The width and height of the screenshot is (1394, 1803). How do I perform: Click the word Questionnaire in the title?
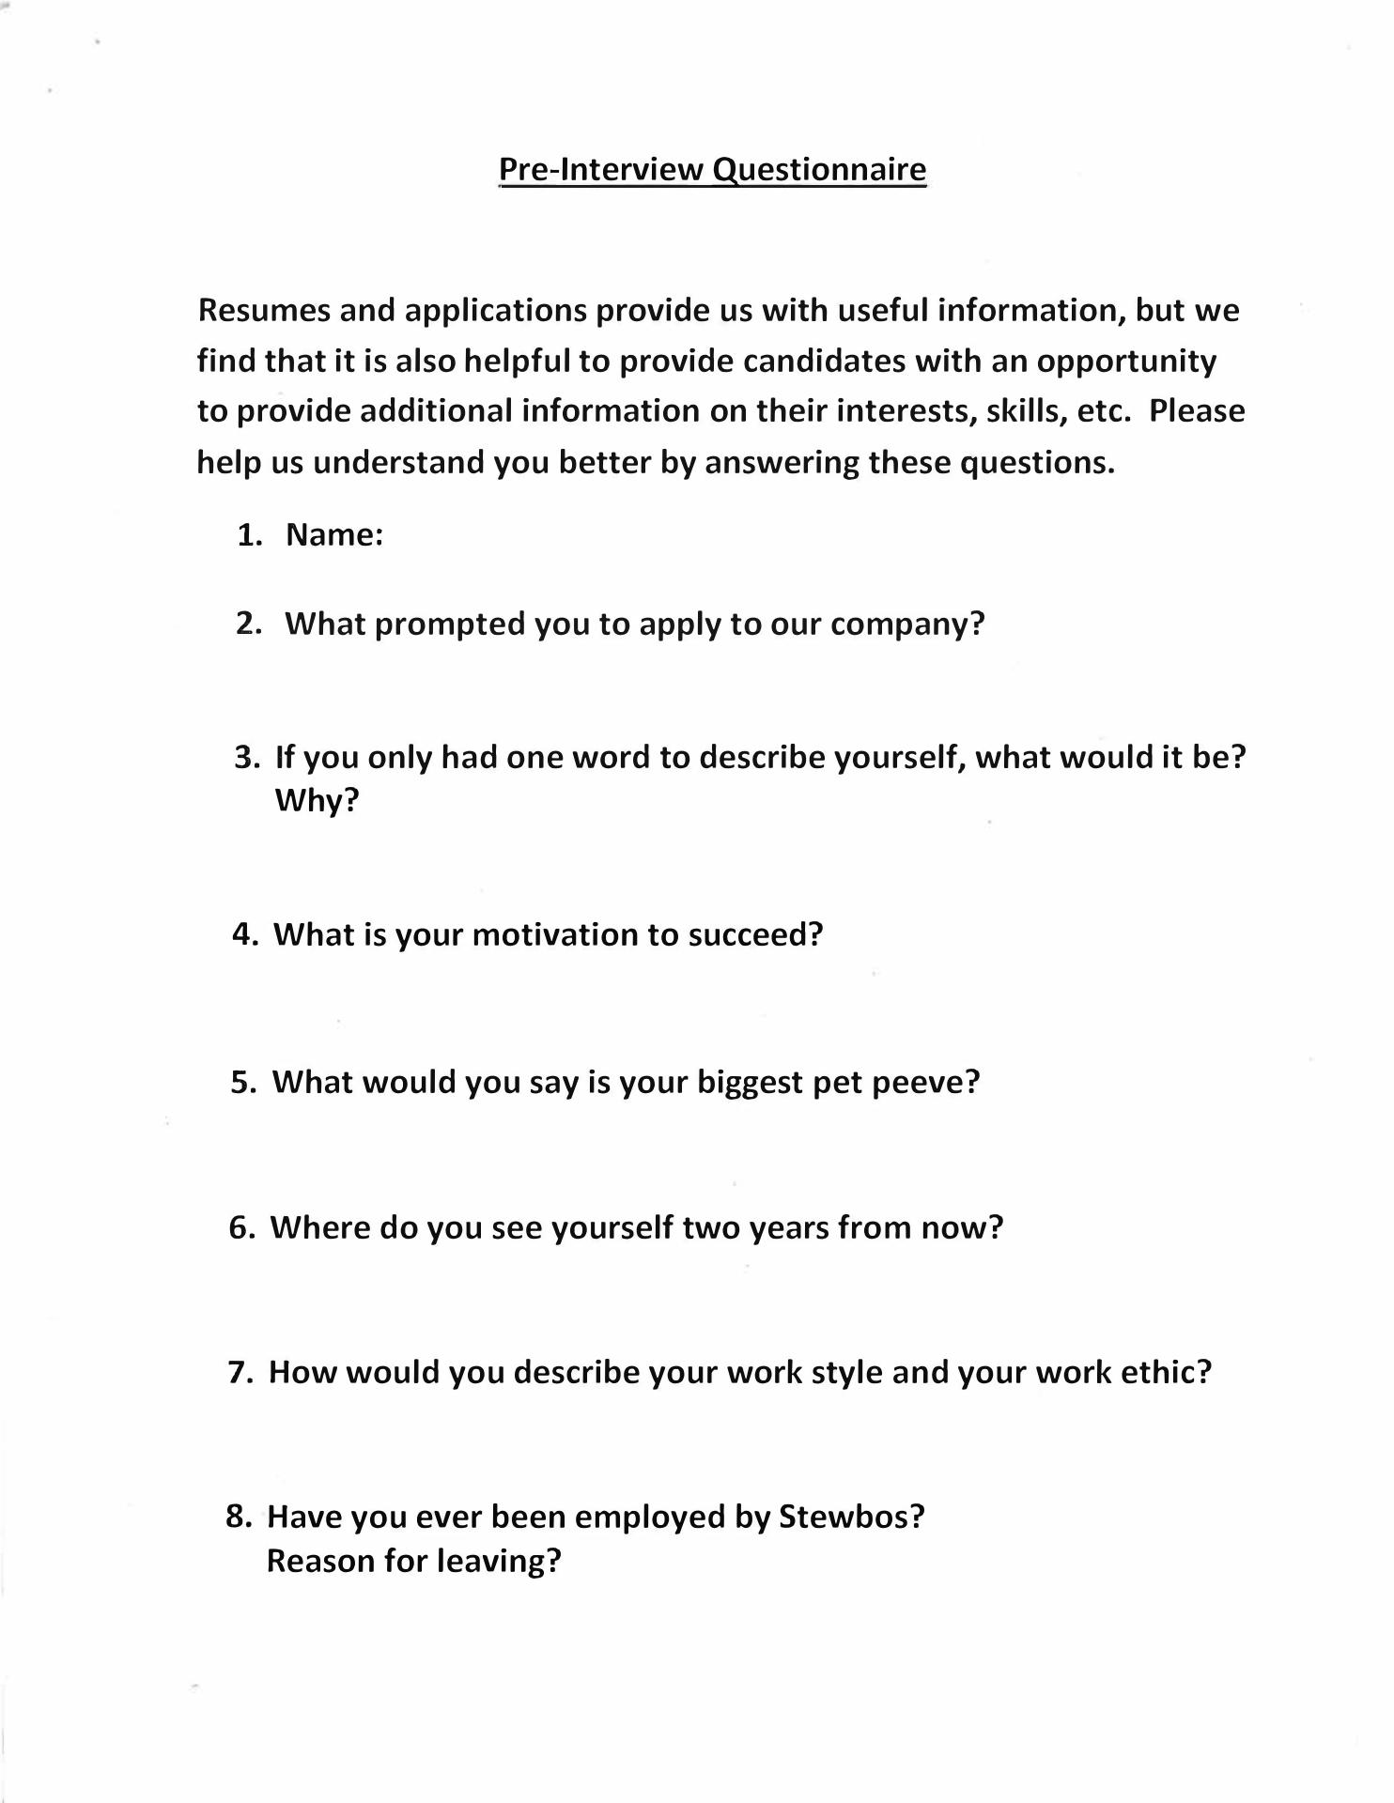point(819,170)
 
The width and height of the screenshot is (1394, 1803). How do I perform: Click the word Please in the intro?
point(1197,411)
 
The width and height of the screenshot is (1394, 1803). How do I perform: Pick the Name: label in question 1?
point(334,535)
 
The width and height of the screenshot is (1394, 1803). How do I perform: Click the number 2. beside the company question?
point(249,624)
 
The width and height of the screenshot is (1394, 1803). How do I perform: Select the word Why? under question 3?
point(318,800)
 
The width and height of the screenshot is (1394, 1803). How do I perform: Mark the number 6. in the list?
point(242,1228)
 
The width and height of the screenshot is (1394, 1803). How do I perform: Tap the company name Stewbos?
point(852,1517)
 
